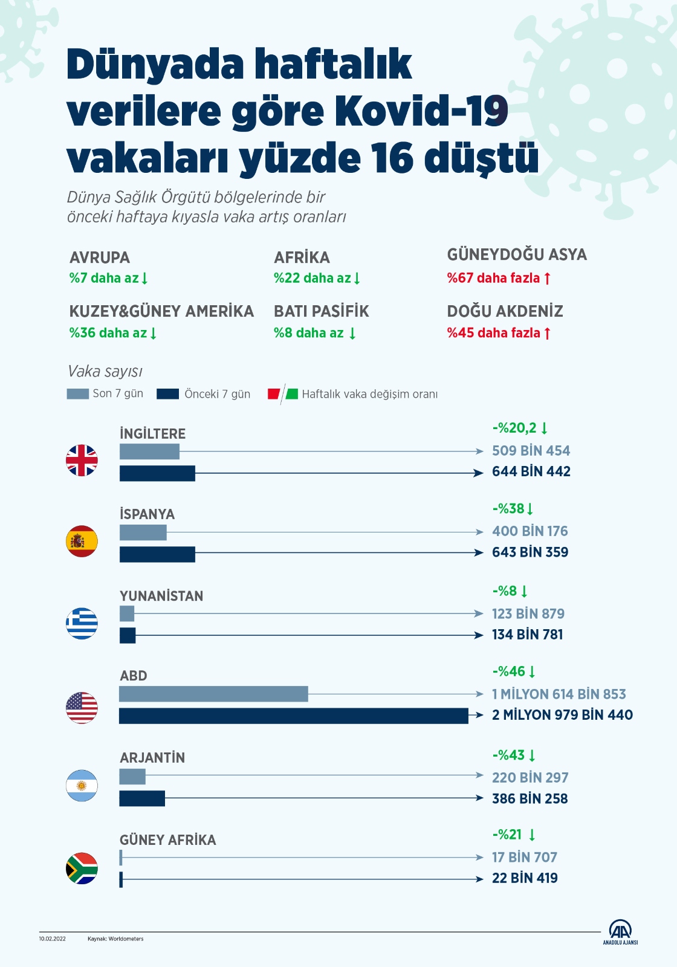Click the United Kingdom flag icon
(82, 461)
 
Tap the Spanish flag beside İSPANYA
(82, 541)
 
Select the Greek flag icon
(82, 623)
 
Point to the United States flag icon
(82, 707)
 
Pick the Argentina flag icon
(82, 786)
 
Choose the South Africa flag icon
(82, 868)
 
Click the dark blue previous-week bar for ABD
(293, 716)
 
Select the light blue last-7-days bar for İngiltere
(149, 451)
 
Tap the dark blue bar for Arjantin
(142, 798)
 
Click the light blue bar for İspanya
(143, 532)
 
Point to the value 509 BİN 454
(531, 451)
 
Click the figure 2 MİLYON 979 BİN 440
(562, 715)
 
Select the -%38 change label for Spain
(513, 509)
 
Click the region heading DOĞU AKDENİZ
(505, 311)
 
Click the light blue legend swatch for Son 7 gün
(77, 394)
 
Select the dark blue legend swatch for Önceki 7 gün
(167, 394)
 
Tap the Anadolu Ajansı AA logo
(620, 931)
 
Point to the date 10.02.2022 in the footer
(53, 939)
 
